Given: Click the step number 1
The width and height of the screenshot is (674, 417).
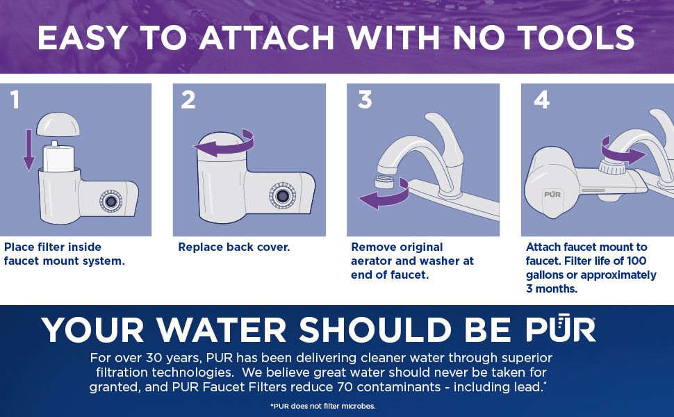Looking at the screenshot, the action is (15, 100).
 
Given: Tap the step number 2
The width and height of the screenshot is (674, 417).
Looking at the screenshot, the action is (188, 100).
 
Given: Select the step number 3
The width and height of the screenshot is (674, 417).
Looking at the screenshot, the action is (365, 100).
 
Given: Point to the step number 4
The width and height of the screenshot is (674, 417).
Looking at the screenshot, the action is (541, 100).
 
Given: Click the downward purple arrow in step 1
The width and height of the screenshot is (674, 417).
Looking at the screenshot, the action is (28, 150).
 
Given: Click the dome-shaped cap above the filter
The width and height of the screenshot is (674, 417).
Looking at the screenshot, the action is (58, 124).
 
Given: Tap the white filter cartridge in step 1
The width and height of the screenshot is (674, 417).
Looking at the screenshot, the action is (58, 156).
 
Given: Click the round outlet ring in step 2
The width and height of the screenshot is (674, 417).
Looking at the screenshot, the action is (282, 196).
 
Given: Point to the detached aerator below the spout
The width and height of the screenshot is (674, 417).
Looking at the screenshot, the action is (385, 181).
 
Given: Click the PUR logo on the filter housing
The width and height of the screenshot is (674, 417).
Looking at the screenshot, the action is (552, 195).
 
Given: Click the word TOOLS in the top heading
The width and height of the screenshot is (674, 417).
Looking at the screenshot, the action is (575, 38).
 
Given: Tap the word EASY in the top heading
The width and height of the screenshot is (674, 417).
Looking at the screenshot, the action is (83, 38).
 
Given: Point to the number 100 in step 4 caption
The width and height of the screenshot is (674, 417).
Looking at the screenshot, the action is (636, 261).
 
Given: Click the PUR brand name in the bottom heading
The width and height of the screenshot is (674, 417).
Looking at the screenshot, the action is (560, 329).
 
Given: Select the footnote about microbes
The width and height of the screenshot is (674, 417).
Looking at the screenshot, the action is (323, 406).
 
